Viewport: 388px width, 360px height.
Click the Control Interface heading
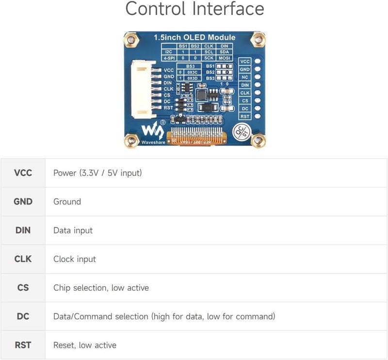click(194, 9)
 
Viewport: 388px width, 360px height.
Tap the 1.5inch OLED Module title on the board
click(194, 37)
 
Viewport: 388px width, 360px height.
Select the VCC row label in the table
click(23, 173)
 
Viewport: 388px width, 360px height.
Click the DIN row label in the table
click(23, 230)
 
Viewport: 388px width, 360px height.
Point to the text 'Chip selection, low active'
click(101, 288)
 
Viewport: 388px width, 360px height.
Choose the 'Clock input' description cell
click(75, 259)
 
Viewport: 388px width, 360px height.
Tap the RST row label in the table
click(23, 345)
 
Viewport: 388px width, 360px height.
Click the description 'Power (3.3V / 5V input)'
click(97, 173)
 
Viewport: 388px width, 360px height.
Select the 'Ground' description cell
click(67, 201)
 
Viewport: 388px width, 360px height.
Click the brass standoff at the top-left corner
click(130, 39)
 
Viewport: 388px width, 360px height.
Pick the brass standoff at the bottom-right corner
click(258, 141)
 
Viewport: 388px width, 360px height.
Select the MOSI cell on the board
click(224, 57)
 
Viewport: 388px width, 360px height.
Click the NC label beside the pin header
click(245, 77)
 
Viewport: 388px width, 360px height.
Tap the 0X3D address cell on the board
click(192, 78)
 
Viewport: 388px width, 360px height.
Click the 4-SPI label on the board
click(168, 57)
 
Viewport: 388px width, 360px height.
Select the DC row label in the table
click(23, 316)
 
